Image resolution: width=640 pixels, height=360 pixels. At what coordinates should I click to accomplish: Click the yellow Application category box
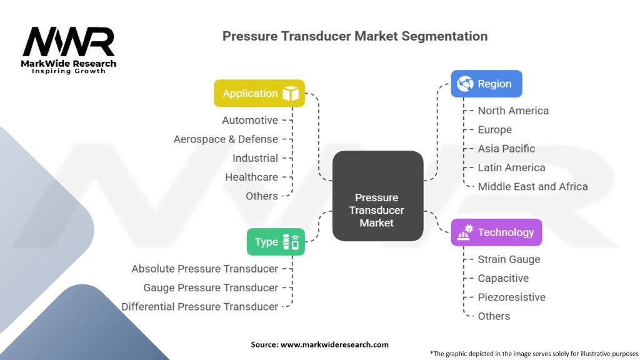pyautogui.click(x=259, y=93)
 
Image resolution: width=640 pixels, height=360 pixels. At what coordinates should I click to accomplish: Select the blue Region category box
pyautogui.click(x=486, y=84)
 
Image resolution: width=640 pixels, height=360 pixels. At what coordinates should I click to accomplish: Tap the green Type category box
pyautogui.click(x=276, y=242)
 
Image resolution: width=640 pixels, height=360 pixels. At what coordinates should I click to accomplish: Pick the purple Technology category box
pyautogui.click(x=496, y=232)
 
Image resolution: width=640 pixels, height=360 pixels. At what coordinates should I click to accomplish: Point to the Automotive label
pyautogui.click(x=250, y=120)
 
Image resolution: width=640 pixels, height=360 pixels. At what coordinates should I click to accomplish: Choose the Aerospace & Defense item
pyautogui.click(x=226, y=139)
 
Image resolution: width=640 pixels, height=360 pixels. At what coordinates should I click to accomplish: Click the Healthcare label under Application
pyautogui.click(x=251, y=177)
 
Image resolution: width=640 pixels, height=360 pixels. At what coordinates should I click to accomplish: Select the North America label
pyautogui.click(x=513, y=111)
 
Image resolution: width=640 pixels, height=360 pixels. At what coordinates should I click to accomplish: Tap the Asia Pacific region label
pyautogui.click(x=506, y=149)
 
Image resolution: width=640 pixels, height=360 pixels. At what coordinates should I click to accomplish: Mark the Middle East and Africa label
pyautogui.click(x=532, y=186)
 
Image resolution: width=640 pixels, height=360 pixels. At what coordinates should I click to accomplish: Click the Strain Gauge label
pyautogui.click(x=509, y=259)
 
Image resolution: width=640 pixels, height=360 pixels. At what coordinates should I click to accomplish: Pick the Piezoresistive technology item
pyautogui.click(x=511, y=297)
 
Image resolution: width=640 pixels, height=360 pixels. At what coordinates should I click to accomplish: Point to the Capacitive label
pyautogui.click(x=503, y=278)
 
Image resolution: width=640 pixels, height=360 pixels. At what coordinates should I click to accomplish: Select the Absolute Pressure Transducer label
pyautogui.click(x=204, y=269)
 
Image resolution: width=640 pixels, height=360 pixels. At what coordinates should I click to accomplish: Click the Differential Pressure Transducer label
pyautogui.click(x=199, y=307)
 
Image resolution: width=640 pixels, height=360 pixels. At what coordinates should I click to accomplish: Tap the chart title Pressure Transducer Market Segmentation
pyautogui.click(x=355, y=36)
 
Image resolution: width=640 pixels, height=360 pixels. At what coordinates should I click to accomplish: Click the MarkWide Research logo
pyautogui.click(x=69, y=49)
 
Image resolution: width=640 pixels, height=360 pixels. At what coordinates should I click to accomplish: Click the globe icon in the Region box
pyautogui.click(x=465, y=84)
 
